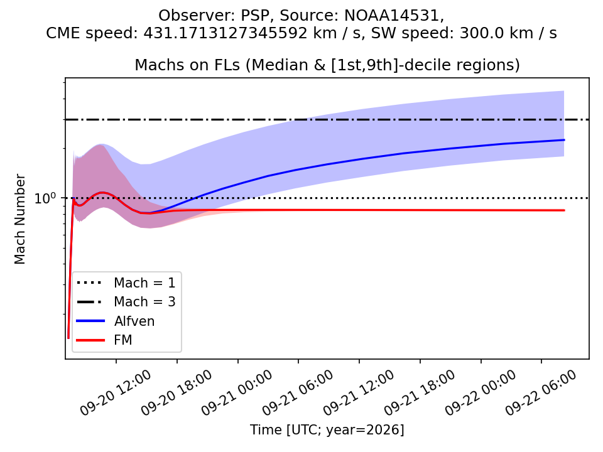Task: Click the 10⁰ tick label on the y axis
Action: pos(45,198)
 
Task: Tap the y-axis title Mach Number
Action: pos(19,219)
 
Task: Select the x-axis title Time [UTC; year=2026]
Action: pos(327,429)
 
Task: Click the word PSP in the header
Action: pos(254,16)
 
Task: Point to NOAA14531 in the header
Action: pos(392,16)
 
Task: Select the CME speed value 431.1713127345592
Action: pos(225,33)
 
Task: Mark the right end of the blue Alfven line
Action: pos(564,140)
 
